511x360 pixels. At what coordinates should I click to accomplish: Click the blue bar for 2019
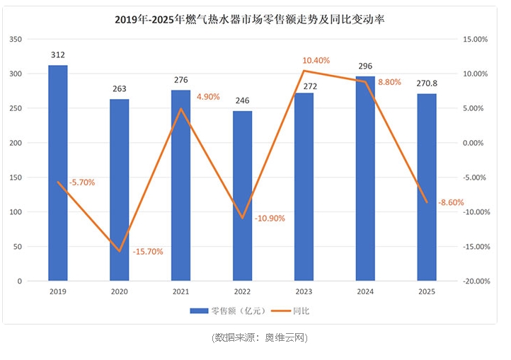click(x=58, y=173)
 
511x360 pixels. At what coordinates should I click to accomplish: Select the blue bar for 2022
click(x=242, y=196)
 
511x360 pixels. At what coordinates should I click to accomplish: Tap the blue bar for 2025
click(x=426, y=187)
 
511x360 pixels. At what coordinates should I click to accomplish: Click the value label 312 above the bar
click(x=58, y=54)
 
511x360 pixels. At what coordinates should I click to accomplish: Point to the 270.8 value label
click(x=426, y=83)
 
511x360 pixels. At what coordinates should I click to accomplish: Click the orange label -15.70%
click(x=148, y=251)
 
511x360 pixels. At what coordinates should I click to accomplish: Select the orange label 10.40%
click(x=316, y=61)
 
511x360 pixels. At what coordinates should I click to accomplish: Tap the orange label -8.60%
click(x=451, y=202)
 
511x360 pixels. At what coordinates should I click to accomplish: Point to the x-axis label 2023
click(x=304, y=291)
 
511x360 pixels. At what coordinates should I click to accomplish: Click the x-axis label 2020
click(x=120, y=291)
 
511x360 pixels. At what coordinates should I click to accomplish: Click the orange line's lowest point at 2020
click(x=120, y=251)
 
